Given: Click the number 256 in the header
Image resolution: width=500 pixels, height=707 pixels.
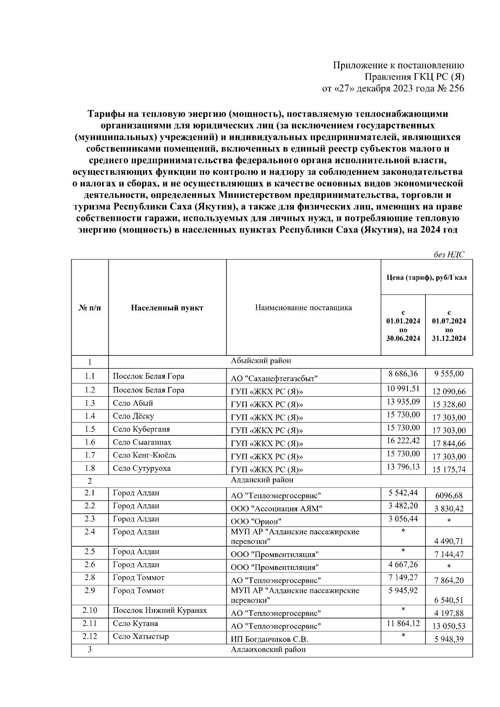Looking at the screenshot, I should coord(455,88).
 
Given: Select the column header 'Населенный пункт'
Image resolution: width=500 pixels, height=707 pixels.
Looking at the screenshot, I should coord(167,308).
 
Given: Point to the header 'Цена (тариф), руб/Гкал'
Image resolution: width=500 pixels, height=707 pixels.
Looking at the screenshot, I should coord(427,277).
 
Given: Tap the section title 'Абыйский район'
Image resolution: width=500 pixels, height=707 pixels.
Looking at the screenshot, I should coord(261,361).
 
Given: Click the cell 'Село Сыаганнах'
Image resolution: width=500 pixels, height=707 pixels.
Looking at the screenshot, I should coord(142,442).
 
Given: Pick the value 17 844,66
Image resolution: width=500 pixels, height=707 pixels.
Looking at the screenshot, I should coord(449,443).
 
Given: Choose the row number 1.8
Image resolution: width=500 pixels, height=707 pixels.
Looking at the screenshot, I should coord(90,468).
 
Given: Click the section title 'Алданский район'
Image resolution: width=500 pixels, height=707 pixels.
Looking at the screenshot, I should coord(262,480).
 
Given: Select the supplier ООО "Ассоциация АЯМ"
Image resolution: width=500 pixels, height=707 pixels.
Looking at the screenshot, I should coord(277,508).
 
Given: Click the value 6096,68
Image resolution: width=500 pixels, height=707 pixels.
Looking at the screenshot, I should coord(449,495).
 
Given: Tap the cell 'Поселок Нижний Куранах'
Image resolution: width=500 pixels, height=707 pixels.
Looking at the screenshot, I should coord(160,610).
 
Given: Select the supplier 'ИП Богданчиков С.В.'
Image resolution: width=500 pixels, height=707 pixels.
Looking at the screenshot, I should coord(270,639).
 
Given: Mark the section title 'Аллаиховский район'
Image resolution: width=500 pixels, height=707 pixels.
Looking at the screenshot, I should coord(268,650).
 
